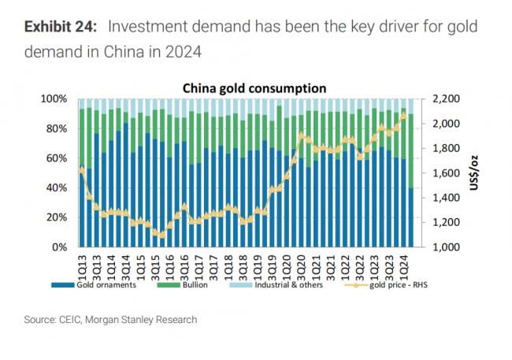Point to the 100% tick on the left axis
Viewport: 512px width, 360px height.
58,98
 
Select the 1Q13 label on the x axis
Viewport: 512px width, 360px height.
82,262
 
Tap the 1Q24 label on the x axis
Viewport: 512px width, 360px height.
403,262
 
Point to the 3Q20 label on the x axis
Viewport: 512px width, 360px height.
301,262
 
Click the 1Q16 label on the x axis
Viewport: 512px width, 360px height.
169,262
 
